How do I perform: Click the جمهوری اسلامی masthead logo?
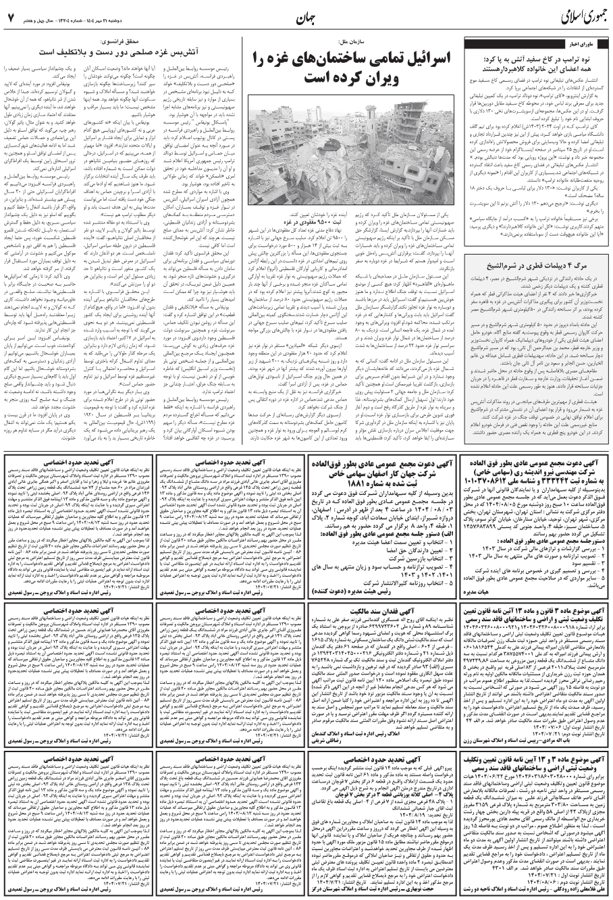pyautogui.click(x=566, y=16)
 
